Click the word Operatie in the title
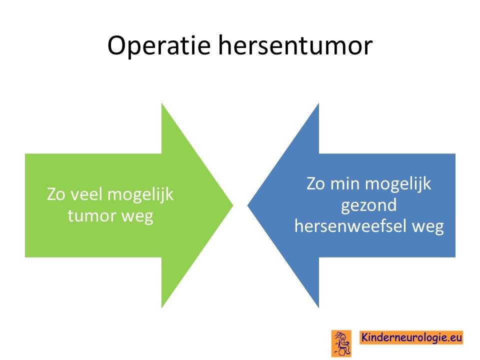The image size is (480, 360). point(159,46)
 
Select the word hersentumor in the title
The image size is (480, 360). point(295,45)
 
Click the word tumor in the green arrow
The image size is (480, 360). point(91,215)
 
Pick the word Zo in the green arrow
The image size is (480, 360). point(55,194)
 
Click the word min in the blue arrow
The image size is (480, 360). point(344,183)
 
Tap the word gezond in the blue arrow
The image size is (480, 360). point(369,205)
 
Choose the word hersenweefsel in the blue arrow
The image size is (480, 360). point(349,226)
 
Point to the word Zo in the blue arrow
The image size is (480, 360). point(315,183)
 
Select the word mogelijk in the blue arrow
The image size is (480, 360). point(398,185)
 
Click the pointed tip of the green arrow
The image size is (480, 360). point(233,205)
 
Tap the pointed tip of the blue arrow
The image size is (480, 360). point(247,205)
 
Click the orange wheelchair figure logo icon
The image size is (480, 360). point(341,343)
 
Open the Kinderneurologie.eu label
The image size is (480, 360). point(411,337)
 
